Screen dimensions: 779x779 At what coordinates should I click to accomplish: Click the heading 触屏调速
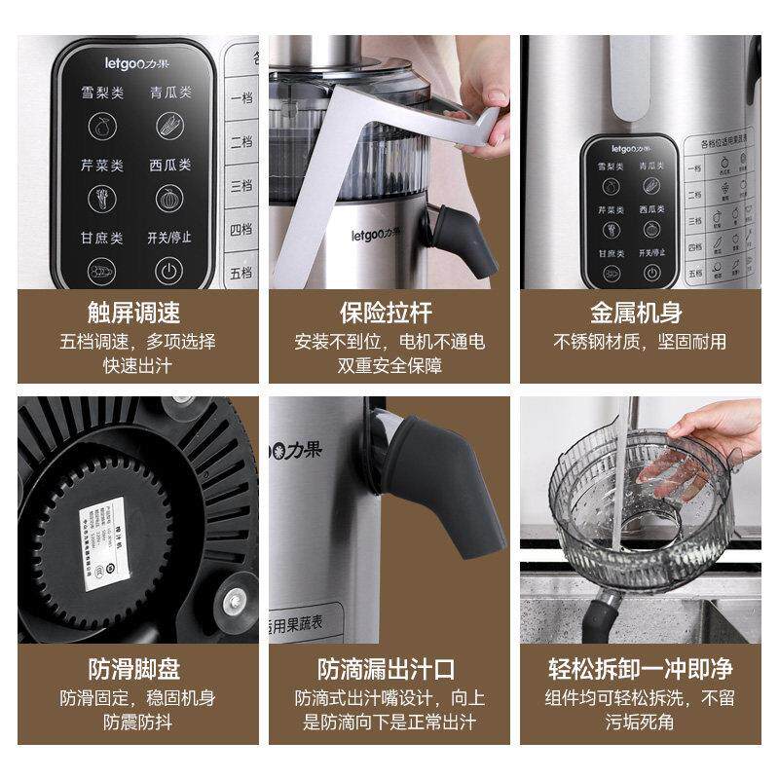(133, 314)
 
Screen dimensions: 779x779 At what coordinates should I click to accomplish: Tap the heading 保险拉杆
(387, 314)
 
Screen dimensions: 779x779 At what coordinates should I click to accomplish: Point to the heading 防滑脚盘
(133, 670)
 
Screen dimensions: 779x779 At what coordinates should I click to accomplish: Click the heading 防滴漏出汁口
(387, 670)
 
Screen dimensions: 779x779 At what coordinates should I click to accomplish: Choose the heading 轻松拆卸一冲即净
(640, 670)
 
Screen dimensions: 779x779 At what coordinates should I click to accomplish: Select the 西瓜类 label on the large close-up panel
(170, 167)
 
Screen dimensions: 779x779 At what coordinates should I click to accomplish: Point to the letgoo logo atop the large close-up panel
(136, 61)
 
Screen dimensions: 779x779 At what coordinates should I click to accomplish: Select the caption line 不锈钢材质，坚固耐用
(640, 343)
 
